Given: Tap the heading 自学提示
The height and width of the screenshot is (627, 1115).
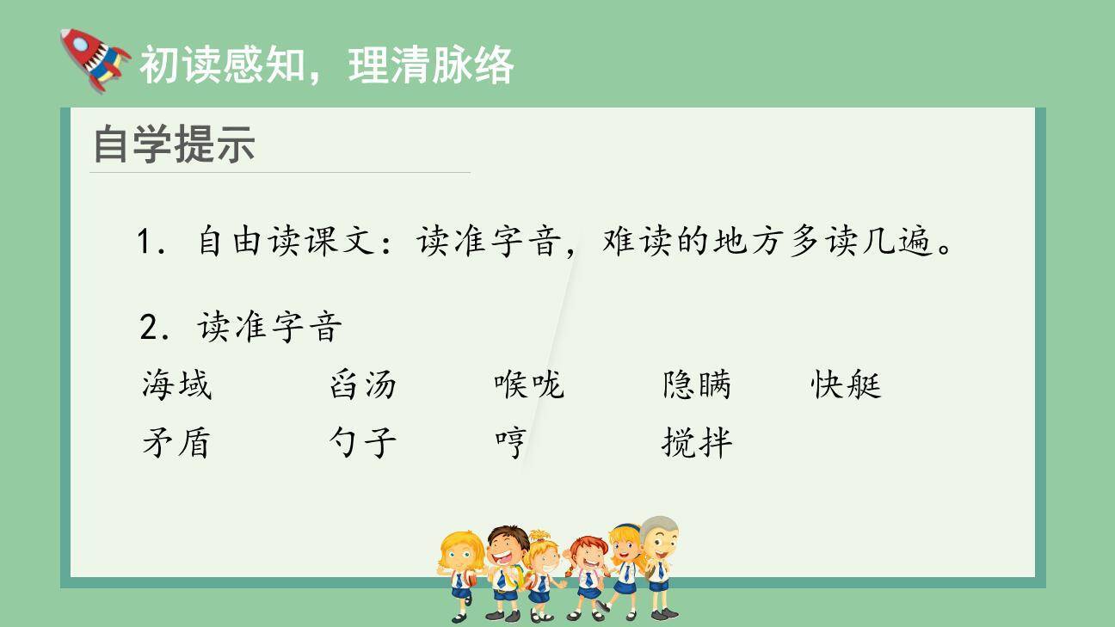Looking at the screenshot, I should point(174,144).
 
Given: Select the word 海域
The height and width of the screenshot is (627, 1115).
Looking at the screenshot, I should point(176,384).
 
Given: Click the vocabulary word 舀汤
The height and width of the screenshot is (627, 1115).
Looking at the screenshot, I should point(362,384).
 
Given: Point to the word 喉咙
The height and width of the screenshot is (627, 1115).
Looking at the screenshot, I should point(528,384).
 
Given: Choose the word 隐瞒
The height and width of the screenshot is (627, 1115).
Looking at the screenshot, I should point(696,384).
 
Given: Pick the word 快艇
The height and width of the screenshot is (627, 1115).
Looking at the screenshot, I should point(846,384).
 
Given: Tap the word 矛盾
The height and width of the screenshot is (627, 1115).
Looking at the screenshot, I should point(176,443).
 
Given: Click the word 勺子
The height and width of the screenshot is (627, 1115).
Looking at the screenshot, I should point(362,443).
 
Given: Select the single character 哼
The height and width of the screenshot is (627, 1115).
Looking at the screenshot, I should point(510,443).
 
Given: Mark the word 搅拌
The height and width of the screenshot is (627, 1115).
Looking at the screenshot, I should point(696,443).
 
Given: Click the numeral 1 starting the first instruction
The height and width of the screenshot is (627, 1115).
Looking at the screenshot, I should point(145,243).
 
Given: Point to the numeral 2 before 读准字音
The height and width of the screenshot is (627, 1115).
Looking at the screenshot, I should point(147,327).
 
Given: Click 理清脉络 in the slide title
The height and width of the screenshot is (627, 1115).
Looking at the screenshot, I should point(431,65).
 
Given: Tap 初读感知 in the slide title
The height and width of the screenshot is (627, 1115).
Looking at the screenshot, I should point(222,65).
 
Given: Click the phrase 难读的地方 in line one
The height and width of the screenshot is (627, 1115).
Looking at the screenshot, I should point(686,243).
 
